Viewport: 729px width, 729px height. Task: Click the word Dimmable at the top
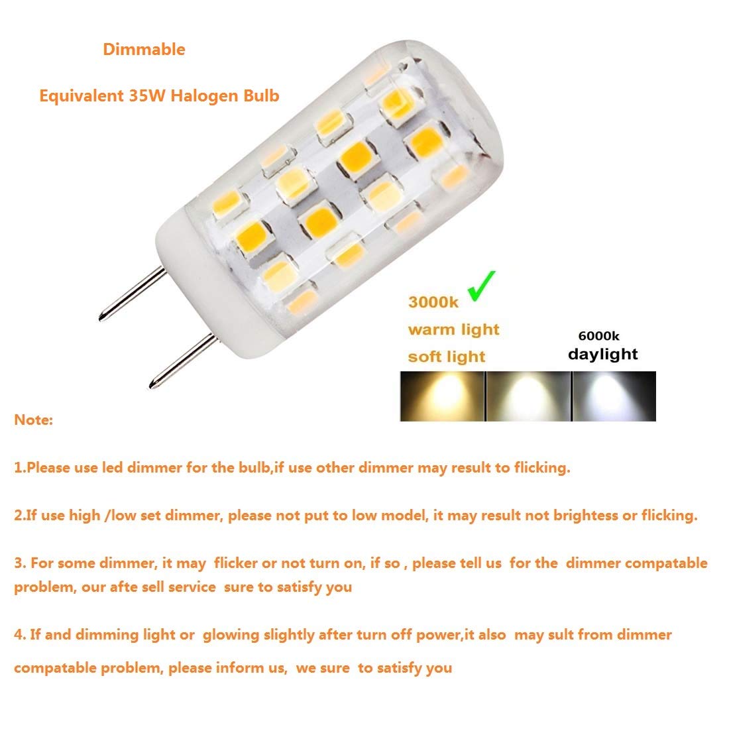click(x=144, y=50)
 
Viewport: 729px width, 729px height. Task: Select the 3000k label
click(x=433, y=303)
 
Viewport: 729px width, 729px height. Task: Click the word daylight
click(x=602, y=355)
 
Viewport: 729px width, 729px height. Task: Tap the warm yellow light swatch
click(x=442, y=396)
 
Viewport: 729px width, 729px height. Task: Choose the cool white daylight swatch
click(x=614, y=396)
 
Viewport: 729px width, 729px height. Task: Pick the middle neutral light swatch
click(x=528, y=396)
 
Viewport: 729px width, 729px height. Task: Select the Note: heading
click(x=33, y=420)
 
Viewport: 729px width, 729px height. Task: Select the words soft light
click(x=447, y=357)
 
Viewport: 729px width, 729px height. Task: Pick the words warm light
click(x=453, y=330)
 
